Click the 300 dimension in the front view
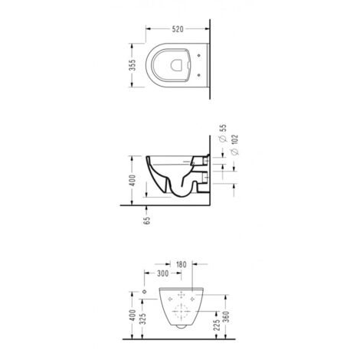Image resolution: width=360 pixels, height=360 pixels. pyautogui.click(x=162, y=273)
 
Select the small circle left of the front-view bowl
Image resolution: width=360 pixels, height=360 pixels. pyautogui.click(x=144, y=294)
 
